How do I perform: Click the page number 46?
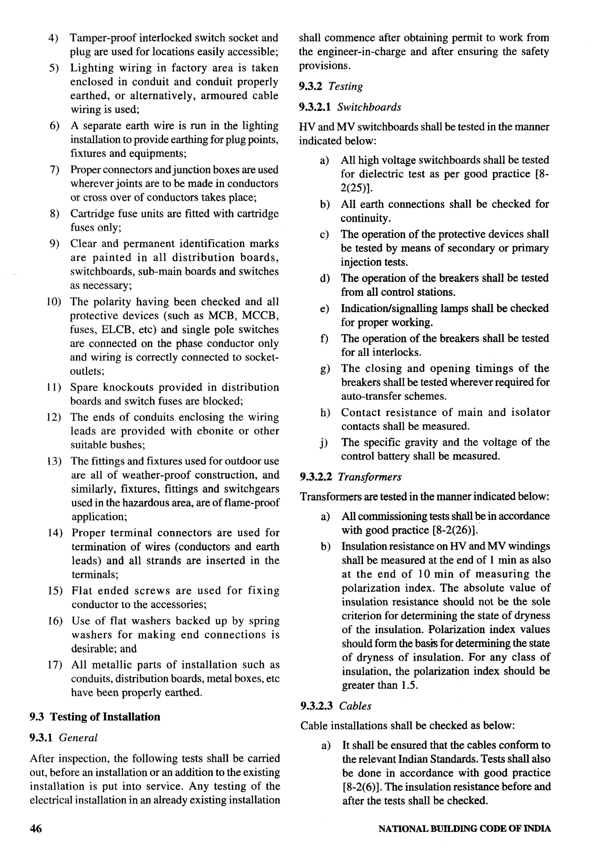(36, 828)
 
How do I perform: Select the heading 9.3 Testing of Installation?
(95, 717)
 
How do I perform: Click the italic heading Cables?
(355, 706)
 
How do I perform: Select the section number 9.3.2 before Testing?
(310, 86)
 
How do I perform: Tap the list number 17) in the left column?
(55, 665)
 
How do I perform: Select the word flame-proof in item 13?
(257, 503)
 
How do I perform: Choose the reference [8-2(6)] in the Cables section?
(362, 787)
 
